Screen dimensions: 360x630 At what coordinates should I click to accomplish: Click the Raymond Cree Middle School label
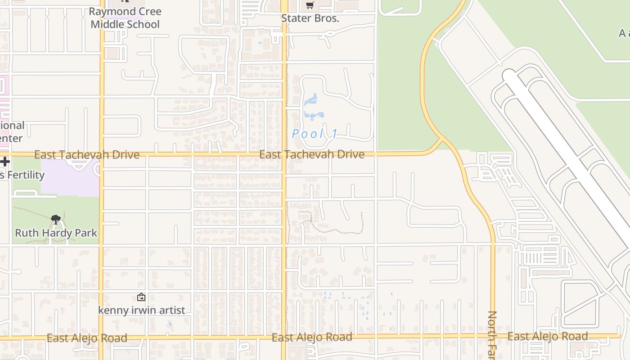(125, 18)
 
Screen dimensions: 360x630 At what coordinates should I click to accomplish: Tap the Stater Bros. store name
(310, 18)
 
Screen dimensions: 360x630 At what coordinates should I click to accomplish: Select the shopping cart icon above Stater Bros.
(310, 5)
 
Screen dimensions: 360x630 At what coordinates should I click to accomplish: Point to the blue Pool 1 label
(315, 134)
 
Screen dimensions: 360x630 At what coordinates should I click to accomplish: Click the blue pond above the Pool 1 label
(312, 107)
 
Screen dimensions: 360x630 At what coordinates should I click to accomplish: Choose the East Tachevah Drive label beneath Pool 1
(311, 154)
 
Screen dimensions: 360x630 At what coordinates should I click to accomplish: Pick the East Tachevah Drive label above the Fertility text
(86, 155)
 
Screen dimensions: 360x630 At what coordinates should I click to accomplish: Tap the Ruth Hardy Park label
(56, 233)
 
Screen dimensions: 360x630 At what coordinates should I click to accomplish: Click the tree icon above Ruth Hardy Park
(56, 220)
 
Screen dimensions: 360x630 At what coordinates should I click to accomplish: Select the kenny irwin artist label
(141, 310)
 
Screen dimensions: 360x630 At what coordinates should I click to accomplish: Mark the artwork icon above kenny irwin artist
(141, 297)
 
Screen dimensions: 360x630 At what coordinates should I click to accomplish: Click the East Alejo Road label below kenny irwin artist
(86, 338)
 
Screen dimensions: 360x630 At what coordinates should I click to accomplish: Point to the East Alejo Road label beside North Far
(547, 336)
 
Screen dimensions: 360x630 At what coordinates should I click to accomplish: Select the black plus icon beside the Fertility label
(4, 162)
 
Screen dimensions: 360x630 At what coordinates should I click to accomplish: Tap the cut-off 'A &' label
(624, 33)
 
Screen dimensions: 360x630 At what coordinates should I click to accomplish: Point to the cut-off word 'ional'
(12, 126)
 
